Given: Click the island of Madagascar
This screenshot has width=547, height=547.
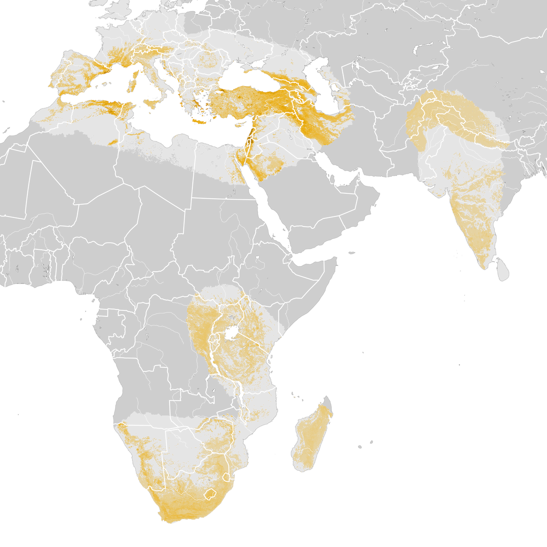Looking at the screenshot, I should (312, 438).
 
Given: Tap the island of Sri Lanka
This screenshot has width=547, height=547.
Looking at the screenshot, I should (502, 270).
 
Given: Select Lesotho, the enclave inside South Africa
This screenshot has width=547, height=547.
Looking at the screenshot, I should (211, 494).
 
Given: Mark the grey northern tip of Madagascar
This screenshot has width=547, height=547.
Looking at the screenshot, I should (327, 401).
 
